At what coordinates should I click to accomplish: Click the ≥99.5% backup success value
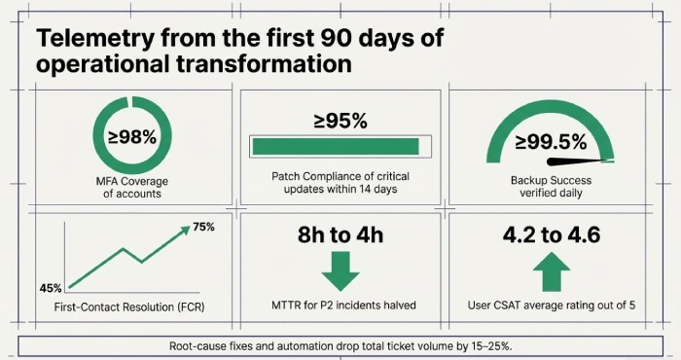549,142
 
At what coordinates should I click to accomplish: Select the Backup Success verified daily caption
550,187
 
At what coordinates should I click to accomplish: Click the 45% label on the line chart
52,288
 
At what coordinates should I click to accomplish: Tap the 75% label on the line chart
203,227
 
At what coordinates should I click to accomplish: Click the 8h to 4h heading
340,235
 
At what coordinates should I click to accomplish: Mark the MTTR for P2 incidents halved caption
340,305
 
